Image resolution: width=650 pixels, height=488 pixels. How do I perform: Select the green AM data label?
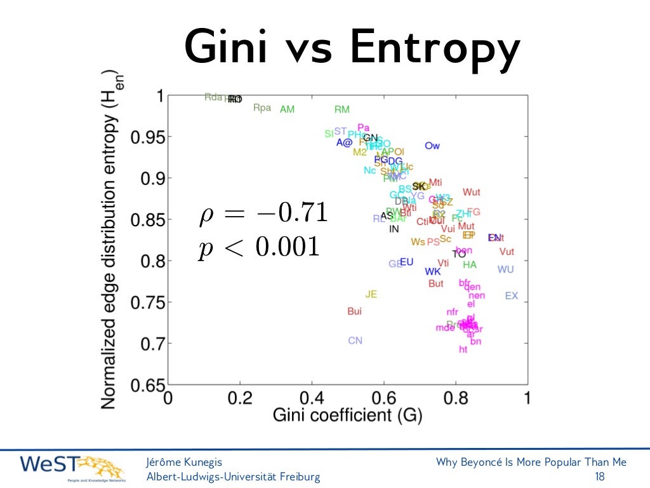point(287,109)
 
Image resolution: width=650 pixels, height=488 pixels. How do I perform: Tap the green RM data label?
point(342,109)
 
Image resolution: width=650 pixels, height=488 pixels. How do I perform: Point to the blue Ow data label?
point(432,146)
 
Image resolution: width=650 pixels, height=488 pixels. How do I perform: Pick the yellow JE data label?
point(371,294)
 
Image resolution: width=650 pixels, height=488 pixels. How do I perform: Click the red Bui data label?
point(354,311)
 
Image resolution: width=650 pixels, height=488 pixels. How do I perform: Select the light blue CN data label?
point(355,341)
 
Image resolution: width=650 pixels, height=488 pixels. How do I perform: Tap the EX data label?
point(511,295)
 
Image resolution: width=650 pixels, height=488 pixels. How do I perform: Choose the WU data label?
point(505,269)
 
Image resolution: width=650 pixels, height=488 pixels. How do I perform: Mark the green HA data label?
point(469,265)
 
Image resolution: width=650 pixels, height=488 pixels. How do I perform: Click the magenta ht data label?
point(463,349)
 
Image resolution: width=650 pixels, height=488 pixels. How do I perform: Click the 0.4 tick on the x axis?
point(312,398)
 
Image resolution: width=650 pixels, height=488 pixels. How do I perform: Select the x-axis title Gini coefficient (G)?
point(347,416)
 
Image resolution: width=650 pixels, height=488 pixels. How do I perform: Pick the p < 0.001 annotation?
point(258,247)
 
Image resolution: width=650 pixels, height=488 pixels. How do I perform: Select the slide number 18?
point(599,477)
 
